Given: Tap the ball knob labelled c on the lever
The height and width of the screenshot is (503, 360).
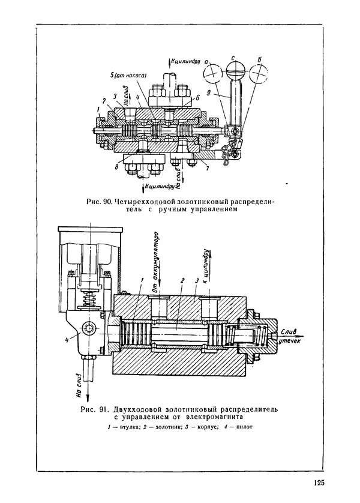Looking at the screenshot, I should pos(233,65).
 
